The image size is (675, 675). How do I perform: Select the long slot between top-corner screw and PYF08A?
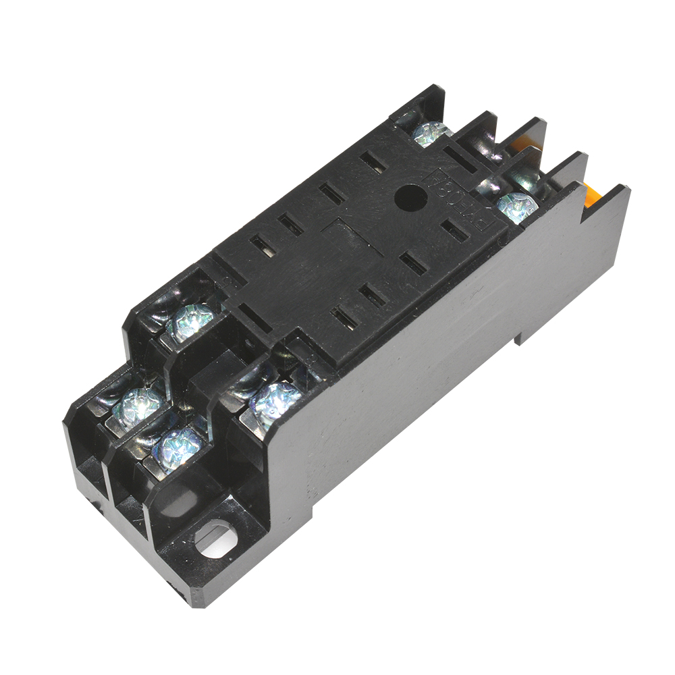466,159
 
